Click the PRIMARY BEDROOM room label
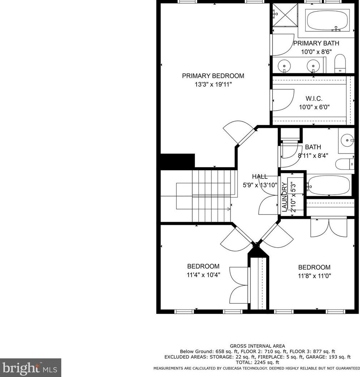(213, 76)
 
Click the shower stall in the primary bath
(285, 15)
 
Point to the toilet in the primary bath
(340, 64)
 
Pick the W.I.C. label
(314, 98)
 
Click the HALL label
(260, 177)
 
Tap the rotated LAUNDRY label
(284, 197)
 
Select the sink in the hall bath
(348, 140)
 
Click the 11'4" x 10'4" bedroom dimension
(203, 275)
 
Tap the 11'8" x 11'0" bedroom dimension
(314, 276)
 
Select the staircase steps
(211, 196)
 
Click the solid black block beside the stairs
(177, 161)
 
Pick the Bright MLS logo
(30, 368)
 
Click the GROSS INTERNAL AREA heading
(258, 346)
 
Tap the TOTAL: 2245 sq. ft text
(258, 362)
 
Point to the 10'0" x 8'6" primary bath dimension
(316, 52)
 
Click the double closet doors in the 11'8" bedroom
(329, 228)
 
